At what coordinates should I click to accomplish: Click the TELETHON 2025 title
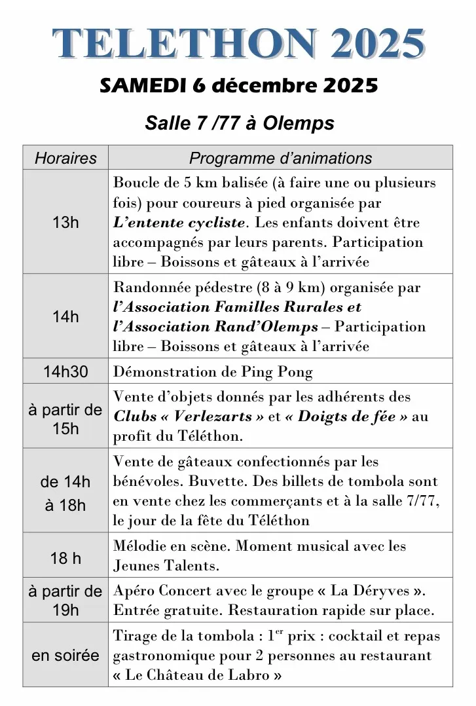[238, 44]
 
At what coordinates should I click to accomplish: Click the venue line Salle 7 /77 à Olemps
[239, 123]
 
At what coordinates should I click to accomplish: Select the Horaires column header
[65, 158]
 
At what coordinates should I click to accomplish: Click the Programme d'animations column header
[280, 158]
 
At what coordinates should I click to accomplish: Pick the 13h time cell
[65, 222]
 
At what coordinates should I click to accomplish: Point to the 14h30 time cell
[65, 371]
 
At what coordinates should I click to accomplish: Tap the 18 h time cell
[65, 558]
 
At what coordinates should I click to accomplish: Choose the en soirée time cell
[65, 655]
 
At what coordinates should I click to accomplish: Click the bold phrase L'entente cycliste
[179, 223]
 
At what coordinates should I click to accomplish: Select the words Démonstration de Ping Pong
[213, 372]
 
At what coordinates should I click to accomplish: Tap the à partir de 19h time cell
[65, 601]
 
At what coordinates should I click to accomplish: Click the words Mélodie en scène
[171, 546]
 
